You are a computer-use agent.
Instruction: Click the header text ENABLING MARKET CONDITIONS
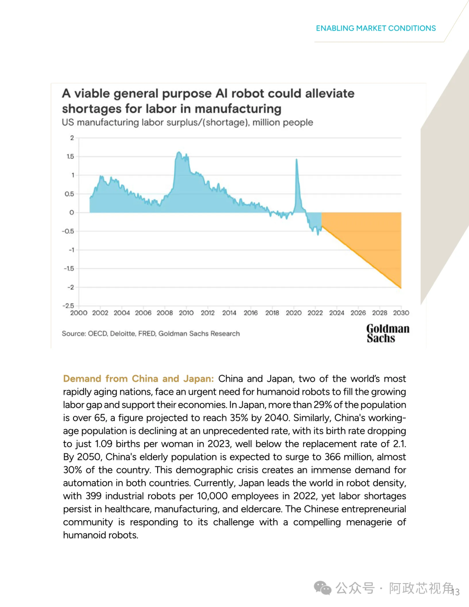click(376, 28)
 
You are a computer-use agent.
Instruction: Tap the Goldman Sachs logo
click(387, 333)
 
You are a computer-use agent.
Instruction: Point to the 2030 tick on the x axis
click(401, 313)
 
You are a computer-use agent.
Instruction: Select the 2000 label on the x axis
click(79, 313)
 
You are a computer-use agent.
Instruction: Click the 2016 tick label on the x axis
click(251, 313)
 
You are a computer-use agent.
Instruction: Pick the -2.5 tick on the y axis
click(68, 306)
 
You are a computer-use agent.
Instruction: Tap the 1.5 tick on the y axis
click(70, 156)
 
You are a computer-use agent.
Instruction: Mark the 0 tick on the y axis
click(72, 212)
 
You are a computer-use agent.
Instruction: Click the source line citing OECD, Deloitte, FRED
click(151, 333)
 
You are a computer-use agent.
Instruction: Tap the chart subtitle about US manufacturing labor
click(187, 122)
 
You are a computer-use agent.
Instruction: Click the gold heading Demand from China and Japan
click(138, 379)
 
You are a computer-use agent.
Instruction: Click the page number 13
click(456, 592)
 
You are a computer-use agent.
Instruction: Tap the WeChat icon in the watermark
click(323, 588)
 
